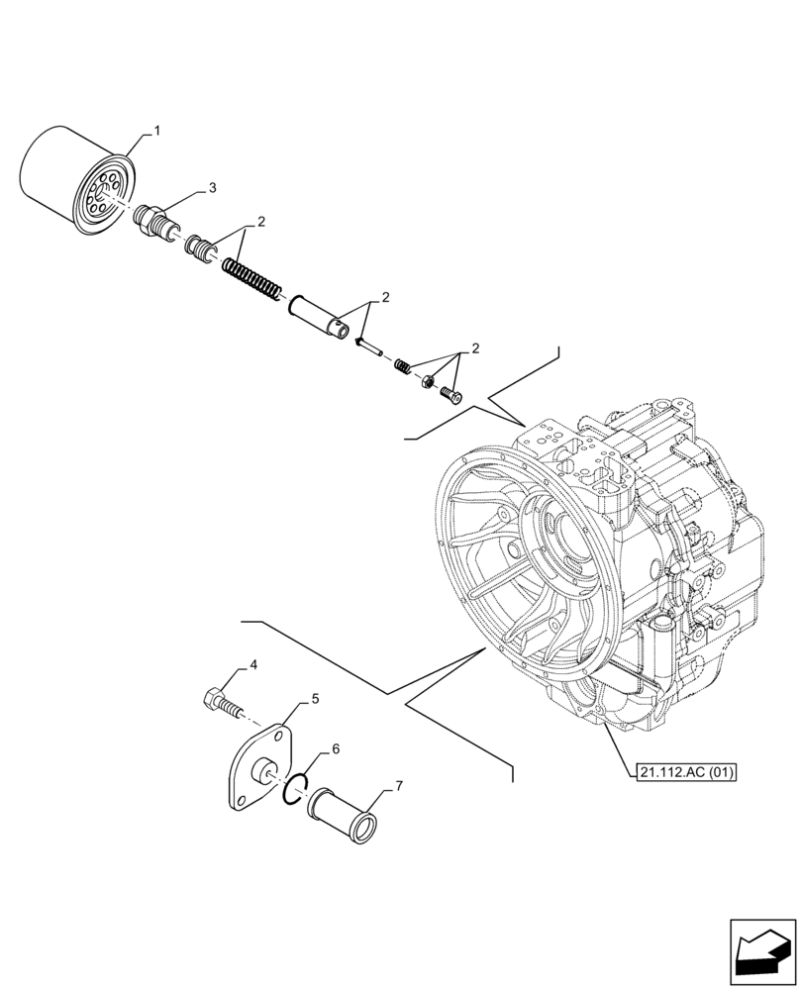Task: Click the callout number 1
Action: [x=155, y=130]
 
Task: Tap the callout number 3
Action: [x=212, y=187]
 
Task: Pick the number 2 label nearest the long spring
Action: [x=260, y=223]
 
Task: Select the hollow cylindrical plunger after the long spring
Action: [x=319, y=314]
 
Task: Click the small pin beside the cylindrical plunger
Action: [x=365, y=345]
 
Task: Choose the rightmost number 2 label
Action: [x=475, y=348]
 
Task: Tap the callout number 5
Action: [x=315, y=698]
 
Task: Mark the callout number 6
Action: [x=336, y=749]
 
